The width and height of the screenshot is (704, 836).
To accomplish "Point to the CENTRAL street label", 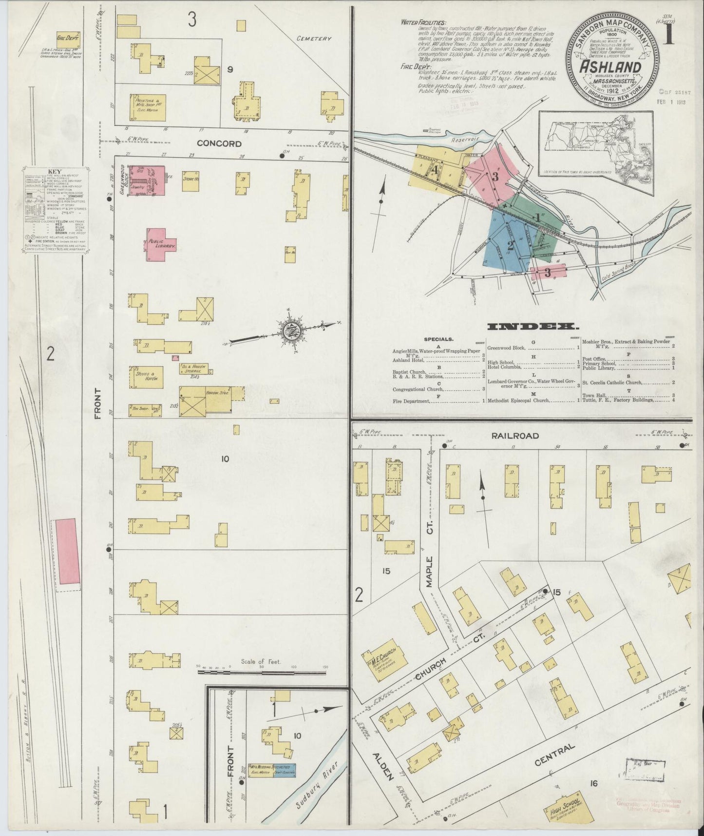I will click(555, 752).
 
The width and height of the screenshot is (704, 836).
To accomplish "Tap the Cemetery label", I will click(314, 39).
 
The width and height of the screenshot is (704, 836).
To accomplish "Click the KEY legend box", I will click(54, 211).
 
